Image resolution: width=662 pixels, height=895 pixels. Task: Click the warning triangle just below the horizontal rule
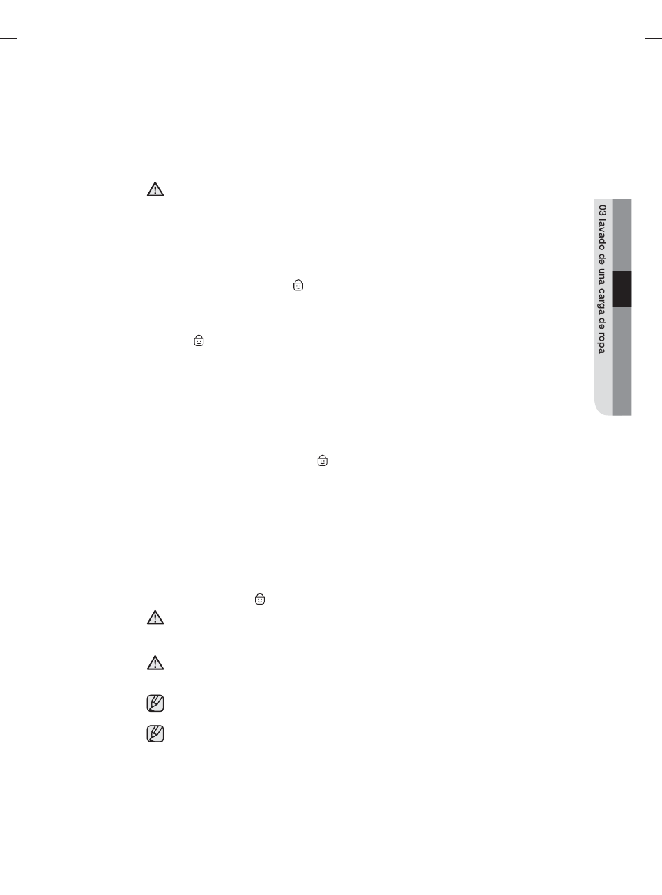coord(155,189)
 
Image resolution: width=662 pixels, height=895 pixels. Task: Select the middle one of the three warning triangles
coord(155,617)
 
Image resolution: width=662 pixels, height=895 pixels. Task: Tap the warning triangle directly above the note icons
coord(155,663)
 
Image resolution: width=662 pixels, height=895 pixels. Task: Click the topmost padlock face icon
coord(298,286)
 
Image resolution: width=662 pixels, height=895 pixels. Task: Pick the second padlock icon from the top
coord(199,341)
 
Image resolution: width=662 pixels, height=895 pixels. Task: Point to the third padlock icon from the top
coord(323,460)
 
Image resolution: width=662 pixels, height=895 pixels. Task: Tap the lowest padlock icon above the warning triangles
coord(260,599)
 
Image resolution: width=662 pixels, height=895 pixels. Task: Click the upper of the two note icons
coord(155,703)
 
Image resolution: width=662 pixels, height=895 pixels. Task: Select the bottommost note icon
coord(155,733)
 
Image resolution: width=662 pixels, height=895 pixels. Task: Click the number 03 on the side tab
coord(602,210)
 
